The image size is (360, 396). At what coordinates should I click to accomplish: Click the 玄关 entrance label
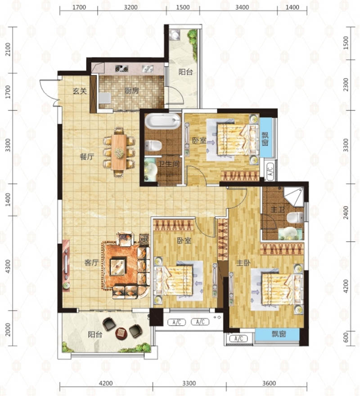click(80, 91)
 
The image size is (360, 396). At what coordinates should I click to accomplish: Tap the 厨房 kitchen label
click(131, 90)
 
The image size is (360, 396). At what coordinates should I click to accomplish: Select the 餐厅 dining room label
click(87, 157)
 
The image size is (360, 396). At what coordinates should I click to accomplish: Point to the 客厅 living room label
click(91, 263)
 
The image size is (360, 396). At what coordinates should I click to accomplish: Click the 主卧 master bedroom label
click(243, 263)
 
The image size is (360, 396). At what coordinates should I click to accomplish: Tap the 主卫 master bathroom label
click(278, 210)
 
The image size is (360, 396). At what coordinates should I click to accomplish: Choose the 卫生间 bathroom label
click(169, 164)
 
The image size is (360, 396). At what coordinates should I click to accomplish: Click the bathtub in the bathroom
click(163, 121)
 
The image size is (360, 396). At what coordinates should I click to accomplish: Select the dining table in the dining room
click(119, 152)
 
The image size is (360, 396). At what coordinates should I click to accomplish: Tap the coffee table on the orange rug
click(118, 266)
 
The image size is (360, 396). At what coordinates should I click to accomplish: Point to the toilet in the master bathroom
click(295, 217)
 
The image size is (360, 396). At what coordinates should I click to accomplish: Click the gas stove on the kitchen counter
click(122, 68)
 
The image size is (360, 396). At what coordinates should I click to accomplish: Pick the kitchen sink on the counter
click(148, 68)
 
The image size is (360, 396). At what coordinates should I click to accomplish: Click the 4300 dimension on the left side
click(8, 266)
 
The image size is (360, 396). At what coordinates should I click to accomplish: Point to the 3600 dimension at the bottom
click(269, 383)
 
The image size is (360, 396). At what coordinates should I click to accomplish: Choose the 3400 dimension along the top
click(242, 7)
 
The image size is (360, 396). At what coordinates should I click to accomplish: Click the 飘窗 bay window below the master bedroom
click(279, 334)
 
